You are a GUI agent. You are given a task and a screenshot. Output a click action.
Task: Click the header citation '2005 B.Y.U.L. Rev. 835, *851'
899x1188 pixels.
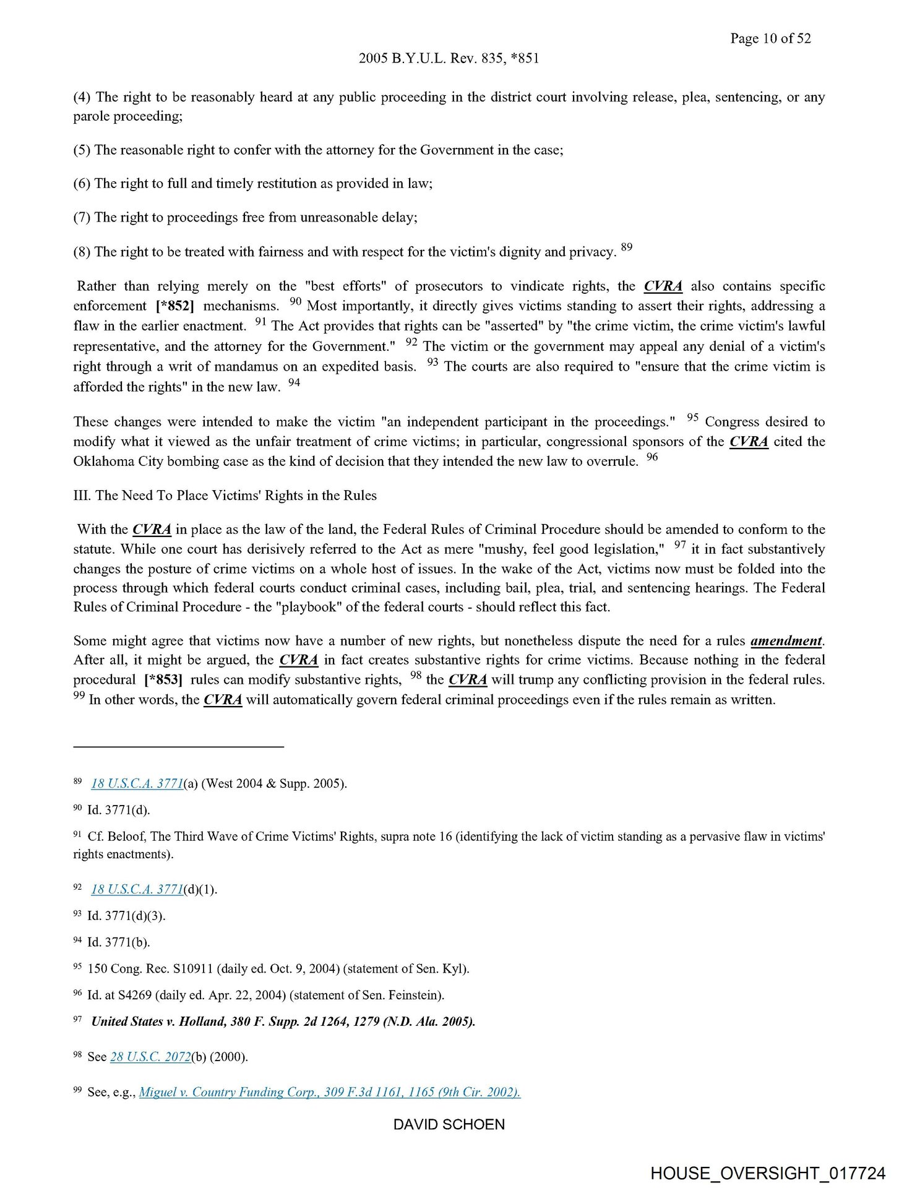click(x=449, y=58)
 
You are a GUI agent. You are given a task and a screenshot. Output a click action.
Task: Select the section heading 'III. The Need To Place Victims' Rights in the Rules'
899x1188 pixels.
click(x=225, y=495)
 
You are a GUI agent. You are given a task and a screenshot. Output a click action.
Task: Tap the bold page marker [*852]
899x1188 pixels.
click(x=175, y=306)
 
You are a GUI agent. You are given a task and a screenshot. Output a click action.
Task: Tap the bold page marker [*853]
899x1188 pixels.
click(x=163, y=679)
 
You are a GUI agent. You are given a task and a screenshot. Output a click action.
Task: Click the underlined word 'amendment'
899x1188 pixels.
click(x=786, y=640)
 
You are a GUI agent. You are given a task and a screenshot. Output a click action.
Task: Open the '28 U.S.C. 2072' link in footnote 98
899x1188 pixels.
click(x=150, y=1056)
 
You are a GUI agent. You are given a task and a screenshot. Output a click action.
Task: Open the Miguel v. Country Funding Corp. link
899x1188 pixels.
click(x=329, y=1091)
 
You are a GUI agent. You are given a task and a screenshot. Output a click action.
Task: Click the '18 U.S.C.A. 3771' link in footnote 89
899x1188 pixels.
click(x=137, y=783)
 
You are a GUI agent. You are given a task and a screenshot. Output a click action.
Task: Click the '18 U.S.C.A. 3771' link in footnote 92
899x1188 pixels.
click(x=137, y=889)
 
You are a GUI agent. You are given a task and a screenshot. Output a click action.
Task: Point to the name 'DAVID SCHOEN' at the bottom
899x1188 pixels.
click(x=449, y=1124)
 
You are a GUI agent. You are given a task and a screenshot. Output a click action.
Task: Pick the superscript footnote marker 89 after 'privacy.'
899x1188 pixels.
click(x=627, y=247)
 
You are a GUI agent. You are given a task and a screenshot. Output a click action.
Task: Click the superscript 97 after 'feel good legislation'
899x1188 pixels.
click(x=680, y=545)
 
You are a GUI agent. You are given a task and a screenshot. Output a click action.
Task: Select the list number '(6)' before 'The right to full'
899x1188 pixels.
click(x=82, y=183)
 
